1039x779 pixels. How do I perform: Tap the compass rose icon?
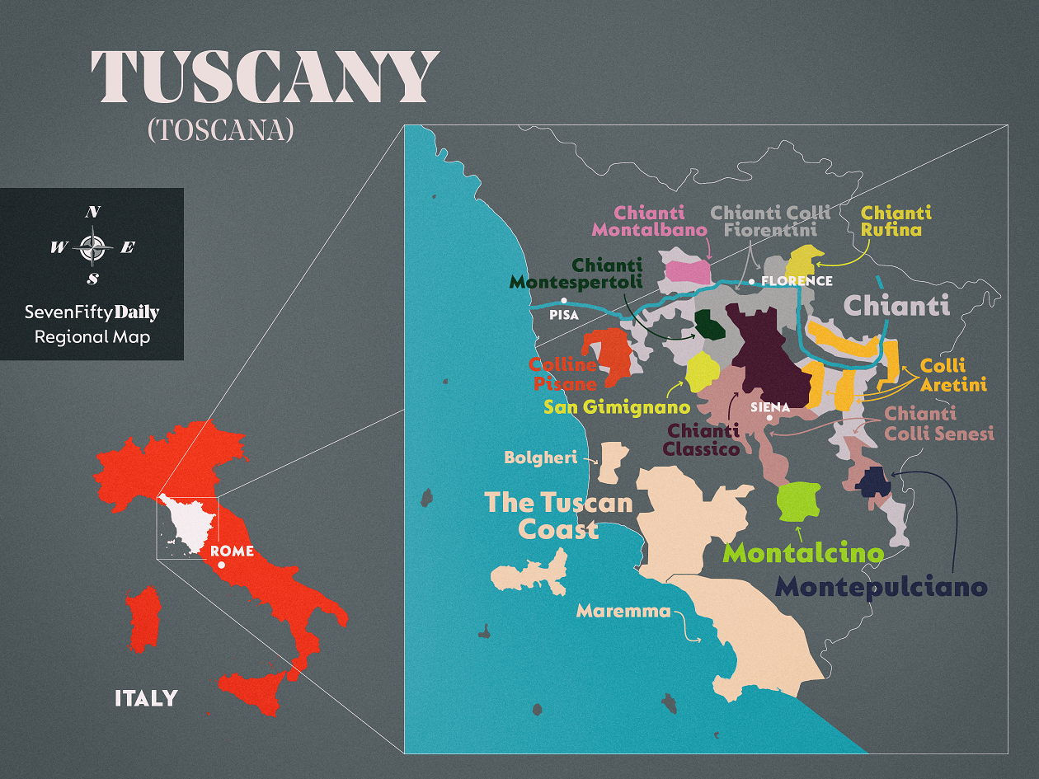(x=92, y=246)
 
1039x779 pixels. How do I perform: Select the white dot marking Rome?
(x=221, y=565)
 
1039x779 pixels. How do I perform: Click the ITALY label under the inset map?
(x=146, y=698)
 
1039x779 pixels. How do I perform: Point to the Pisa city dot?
(x=564, y=300)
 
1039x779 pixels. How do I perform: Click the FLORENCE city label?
(x=797, y=281)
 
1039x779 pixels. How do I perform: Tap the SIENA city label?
(x=770, y=407)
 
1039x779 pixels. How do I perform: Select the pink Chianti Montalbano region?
(x=689, y=271)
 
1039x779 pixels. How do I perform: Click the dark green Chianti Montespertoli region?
(x=709, y=325)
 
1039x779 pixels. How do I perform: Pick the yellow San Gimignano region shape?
(x=698, y=372)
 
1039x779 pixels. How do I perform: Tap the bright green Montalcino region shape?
(x=798, y=501)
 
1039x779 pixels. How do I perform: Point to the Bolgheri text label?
(x=540, y=458)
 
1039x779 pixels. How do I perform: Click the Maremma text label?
(x=623, y=611)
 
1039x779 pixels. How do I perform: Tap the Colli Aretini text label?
(x=953, y=375)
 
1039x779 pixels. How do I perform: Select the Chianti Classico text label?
(x=703, y=440)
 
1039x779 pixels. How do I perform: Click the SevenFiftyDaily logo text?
(x=92, y=312)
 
